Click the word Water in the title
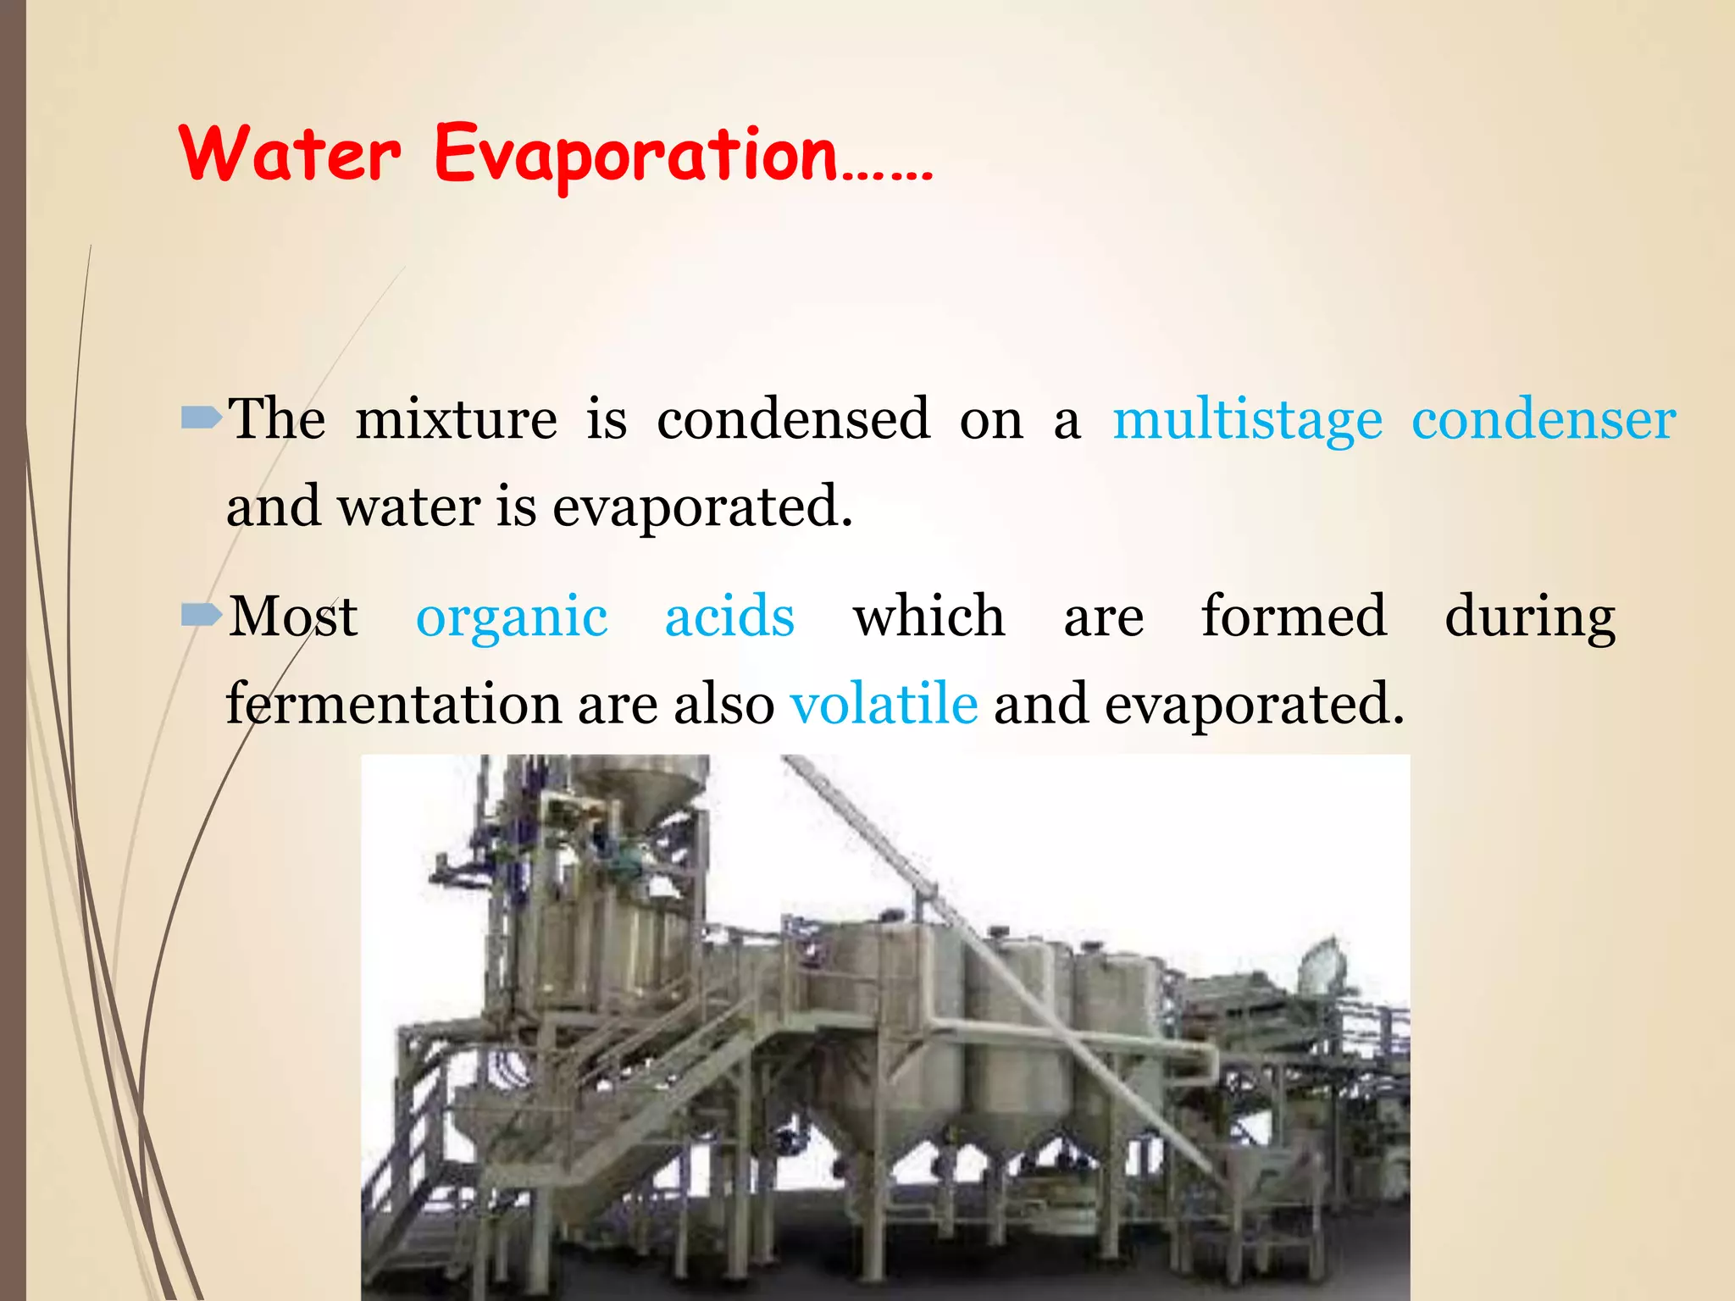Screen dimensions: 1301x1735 290,154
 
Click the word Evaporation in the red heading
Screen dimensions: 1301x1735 635,154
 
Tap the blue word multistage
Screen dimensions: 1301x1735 1247,420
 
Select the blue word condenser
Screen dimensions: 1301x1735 1544,420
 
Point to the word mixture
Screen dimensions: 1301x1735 456,420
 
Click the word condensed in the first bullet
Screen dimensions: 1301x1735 793,420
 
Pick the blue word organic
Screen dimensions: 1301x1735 512,618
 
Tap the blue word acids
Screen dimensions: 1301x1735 729,617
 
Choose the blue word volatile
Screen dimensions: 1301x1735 884,705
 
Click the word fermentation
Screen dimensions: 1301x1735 393,705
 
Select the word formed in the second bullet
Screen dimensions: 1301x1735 1294,617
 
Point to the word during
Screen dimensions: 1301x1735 1530,618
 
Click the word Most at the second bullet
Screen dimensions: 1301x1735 293,617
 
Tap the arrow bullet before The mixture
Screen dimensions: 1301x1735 201,417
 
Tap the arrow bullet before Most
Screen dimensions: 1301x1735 201,615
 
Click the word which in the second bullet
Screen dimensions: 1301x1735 928,617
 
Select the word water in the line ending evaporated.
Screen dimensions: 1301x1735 409,508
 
